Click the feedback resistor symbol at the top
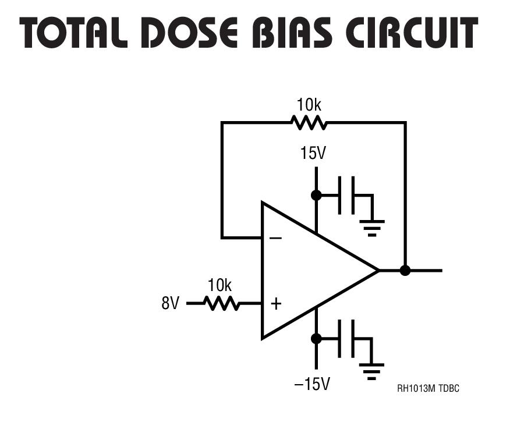309,123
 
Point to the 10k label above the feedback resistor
309,105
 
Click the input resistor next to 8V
222,303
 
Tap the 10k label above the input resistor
219,286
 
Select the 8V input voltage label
171,304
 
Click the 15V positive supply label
313,154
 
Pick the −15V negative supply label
312,385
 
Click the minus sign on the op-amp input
276,238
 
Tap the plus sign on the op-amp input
276,303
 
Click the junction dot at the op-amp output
405,270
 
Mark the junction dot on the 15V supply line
316,195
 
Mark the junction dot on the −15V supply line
316,338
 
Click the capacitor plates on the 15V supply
346,195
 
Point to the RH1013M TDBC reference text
428,388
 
